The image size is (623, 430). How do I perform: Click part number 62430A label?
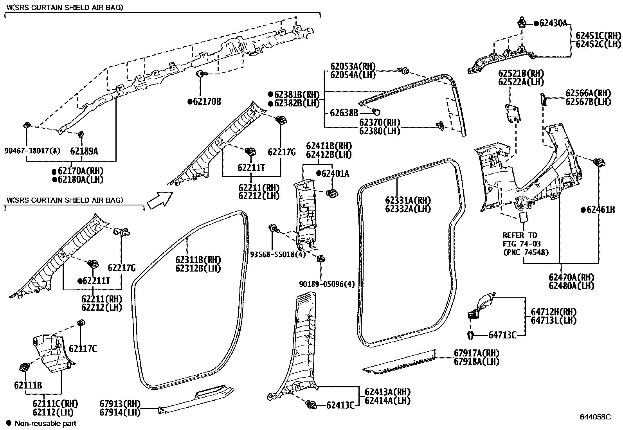553,23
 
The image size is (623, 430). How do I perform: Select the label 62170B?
207,102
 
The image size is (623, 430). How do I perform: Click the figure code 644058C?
595,417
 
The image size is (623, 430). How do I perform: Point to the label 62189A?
84,151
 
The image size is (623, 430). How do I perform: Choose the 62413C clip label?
340,405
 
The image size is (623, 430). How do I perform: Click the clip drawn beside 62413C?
311,405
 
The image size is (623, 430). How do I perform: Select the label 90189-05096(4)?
327,284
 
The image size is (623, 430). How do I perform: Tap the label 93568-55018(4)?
277,254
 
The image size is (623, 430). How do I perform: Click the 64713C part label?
502,335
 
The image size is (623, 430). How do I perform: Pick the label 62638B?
344,113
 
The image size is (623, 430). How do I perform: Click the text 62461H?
600,210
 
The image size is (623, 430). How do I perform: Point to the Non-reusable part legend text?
45,423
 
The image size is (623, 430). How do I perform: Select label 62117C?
83,349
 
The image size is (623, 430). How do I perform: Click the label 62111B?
28,385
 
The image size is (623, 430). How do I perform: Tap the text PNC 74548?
526,252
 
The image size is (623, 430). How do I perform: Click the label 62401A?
335,173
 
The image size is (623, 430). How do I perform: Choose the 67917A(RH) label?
477,353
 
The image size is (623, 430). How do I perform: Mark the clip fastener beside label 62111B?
25,367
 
